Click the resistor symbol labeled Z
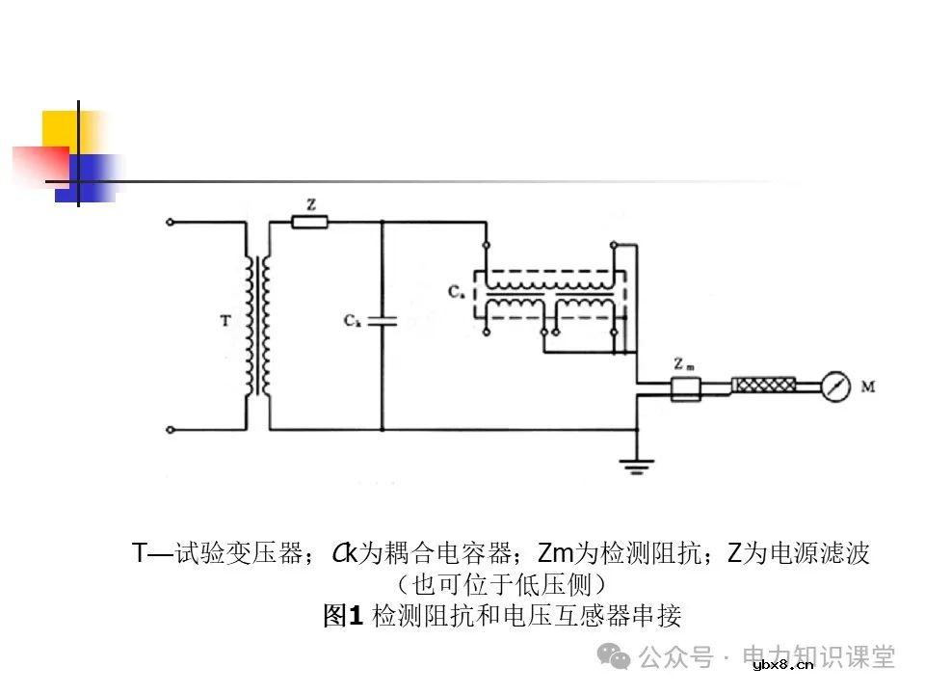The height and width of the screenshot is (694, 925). (x=309, y=223)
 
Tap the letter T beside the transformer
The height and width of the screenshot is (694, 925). (x=225, y=322)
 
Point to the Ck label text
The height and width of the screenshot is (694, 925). (x=353, y=319)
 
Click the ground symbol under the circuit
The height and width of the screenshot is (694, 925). (x=634, y=467)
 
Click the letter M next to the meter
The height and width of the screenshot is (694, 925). (x=867, y=387)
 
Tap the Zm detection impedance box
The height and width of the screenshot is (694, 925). (x=686, y=388)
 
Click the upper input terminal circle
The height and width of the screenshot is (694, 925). (x=171, y=223)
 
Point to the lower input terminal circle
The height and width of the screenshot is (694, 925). (x=171, y=428)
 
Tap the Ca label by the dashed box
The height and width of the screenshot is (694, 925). (x=456, y=290)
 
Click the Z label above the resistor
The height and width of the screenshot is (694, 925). (x=310, y=204)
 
